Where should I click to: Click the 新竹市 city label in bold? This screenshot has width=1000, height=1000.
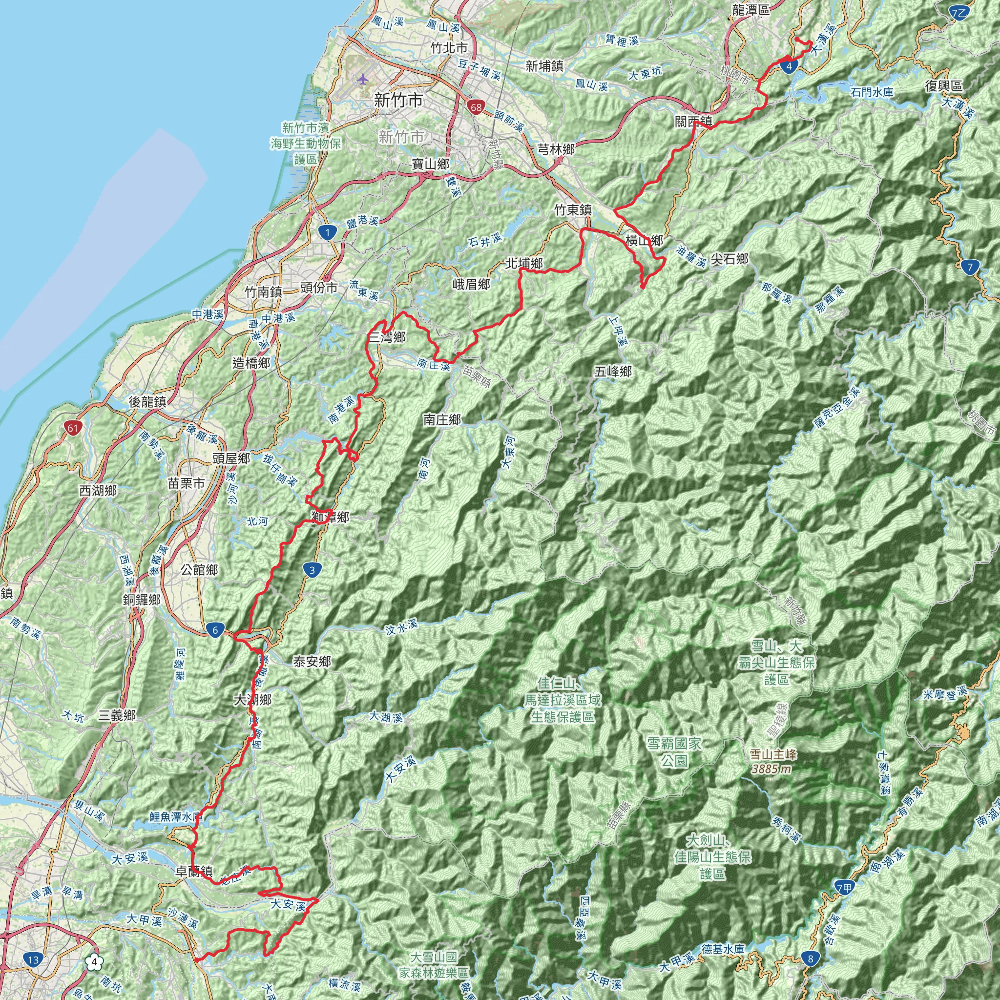tap(398, 101)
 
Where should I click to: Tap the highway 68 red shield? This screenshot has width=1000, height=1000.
tap(475, 107)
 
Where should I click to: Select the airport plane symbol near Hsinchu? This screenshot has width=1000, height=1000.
tap(362, 80)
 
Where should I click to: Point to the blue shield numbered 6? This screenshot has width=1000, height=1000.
tap(215, 630)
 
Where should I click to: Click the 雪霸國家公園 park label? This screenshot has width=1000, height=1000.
tap(674, 752)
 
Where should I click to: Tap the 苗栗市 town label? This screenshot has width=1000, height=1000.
tap(187, 483)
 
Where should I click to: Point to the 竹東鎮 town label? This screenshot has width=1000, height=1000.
tap(573, 209)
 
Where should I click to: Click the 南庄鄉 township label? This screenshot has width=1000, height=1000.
tap(442, 419)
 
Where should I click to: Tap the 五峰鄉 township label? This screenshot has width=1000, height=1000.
tap(613, 372)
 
